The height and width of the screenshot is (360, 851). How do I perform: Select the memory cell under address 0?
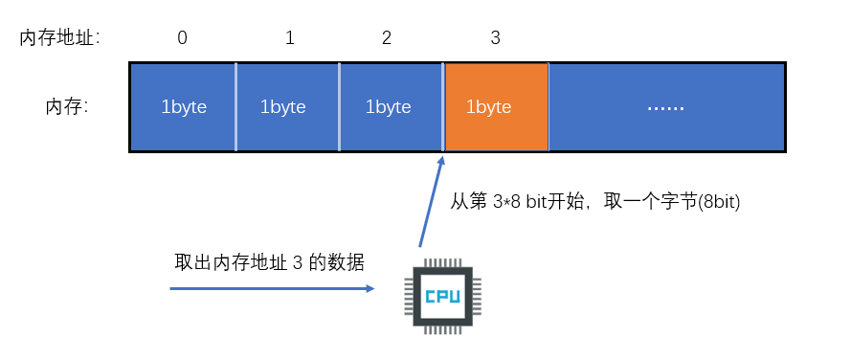183,107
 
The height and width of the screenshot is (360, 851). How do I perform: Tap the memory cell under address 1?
287,107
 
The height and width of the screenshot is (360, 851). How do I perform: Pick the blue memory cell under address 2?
391,107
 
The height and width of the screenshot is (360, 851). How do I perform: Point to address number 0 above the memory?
183,38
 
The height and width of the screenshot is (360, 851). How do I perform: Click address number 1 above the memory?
289,38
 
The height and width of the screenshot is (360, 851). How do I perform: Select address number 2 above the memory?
386,38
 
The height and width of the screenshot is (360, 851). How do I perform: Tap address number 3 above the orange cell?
495,38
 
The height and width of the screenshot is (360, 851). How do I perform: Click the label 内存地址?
60,38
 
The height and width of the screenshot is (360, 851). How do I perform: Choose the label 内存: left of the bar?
67,106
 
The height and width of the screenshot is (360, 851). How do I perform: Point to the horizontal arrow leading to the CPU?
272,286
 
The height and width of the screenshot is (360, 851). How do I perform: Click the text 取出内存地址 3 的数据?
269,262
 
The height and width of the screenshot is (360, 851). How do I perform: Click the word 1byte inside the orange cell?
488,107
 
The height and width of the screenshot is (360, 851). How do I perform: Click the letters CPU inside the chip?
441,296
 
